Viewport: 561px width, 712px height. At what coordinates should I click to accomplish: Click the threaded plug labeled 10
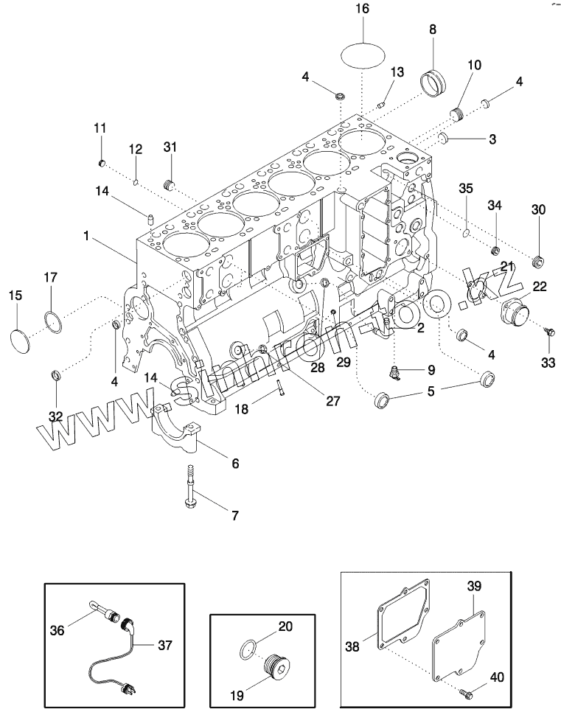(459, 114)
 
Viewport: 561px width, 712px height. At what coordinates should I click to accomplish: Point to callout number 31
(170, 147)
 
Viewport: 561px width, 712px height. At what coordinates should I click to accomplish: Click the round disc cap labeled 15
(21, 341)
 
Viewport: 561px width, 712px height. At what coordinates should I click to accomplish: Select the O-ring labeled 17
(52, 321)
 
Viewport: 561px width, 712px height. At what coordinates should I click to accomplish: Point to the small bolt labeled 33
(548, 332)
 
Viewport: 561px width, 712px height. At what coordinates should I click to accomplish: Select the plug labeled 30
(539, 259)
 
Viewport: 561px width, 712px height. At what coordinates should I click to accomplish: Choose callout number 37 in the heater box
(164, 645)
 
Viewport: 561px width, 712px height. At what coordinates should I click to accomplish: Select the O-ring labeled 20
(249, 649)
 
